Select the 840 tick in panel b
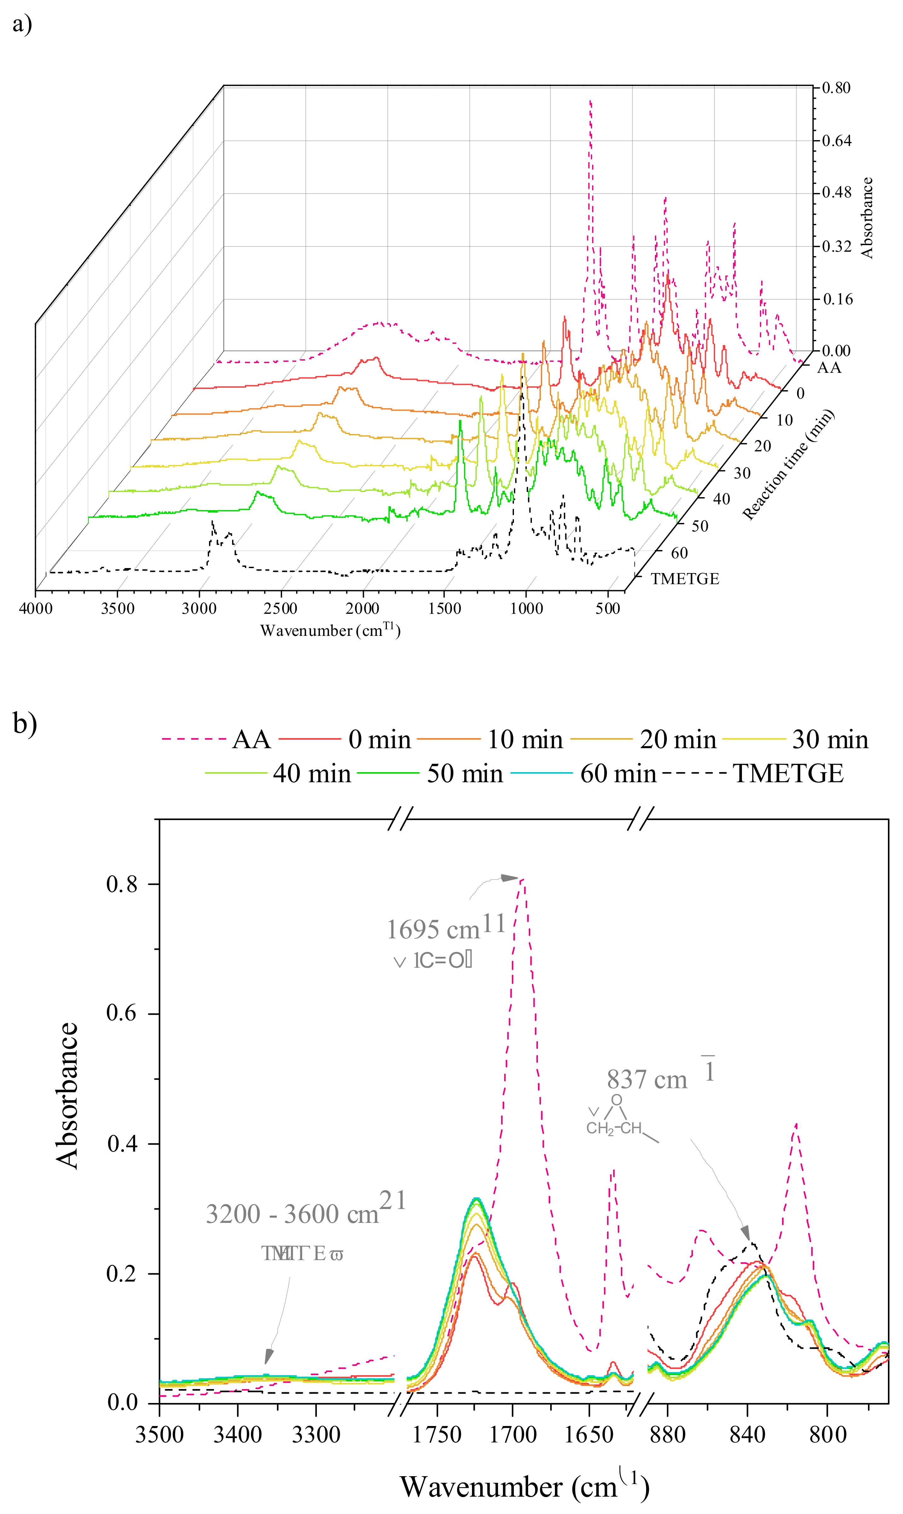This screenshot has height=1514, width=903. pyautogui.click(x=747, y=1435)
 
